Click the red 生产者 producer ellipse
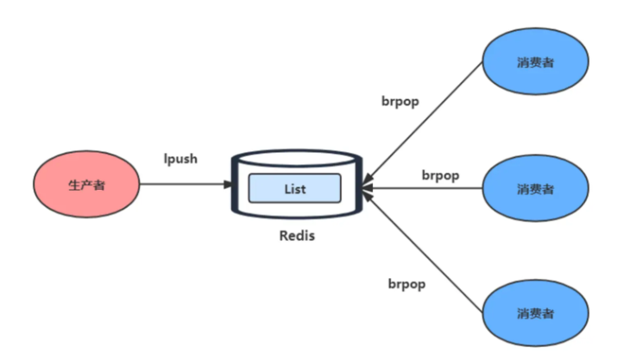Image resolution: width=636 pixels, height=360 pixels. (x=86, y=184)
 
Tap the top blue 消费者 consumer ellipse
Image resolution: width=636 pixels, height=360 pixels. (x=535, y=61)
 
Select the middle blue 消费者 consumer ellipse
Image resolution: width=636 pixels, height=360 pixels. (x=535, y=188)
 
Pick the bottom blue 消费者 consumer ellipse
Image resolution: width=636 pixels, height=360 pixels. (x=535, y=313)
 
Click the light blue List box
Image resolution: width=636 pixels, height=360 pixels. (x=295, y=188)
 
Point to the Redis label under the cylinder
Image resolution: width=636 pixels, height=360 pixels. (x=297, y=236)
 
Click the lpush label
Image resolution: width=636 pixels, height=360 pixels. (x=180, y=158)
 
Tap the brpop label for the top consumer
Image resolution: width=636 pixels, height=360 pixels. (x=400, y=101)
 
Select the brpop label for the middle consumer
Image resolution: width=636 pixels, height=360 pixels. (x=440, y=175)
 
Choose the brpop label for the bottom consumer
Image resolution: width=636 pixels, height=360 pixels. (x=406, y=284)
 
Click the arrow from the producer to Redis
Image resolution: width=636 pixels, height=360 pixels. (x=186, y=184)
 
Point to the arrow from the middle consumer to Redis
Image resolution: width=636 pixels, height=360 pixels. (x=422, y=188)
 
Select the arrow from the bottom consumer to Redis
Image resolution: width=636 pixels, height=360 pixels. (x=423, y=251)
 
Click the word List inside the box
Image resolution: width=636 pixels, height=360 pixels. (x=295, y=189)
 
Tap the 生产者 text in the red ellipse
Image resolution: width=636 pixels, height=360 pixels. (x=87, y=186)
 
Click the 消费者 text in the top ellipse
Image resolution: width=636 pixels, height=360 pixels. (x=535, y=62)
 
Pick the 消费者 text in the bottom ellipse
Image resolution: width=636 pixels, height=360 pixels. (x=535, y=313)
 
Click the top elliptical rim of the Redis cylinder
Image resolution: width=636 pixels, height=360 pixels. (x=297, y=150)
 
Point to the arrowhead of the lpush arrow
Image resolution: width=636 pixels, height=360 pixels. (x=229, y=184)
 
